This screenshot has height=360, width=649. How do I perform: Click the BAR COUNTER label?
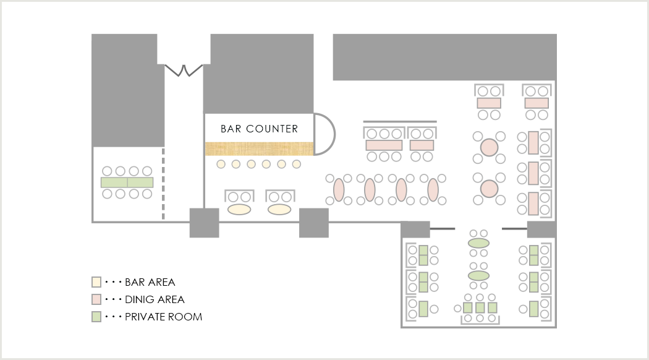click(x=259, y=129)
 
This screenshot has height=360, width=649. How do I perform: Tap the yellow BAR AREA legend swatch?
click(x=96, y=282)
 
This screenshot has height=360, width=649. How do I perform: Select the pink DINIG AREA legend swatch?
click(x=96, y=299)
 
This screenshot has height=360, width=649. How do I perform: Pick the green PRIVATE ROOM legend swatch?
click(x=96, y=317)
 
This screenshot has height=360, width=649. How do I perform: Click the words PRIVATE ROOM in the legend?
click(x=164, y=317)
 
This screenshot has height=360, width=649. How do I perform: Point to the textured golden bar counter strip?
click(x=259, y=148)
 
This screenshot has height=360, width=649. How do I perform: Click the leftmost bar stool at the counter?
click(x=221, y=165)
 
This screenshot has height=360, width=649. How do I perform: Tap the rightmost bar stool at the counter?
click(x=296, y=165)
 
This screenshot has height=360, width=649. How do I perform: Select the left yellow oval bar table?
click(x=239, y=209)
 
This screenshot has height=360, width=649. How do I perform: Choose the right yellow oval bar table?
click(x=279, y=209)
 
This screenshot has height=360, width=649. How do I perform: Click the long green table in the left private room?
click(x=127, y=182)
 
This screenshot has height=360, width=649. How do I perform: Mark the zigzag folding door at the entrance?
click(x=184, y=70)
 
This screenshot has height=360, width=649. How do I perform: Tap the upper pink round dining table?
click(x=490, y=147)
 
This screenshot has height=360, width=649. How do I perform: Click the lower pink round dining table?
click(x=490, y=189)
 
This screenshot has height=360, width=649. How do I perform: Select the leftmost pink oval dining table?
click(x=339, y=190)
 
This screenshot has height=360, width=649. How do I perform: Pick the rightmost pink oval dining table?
click(x=433, y=190)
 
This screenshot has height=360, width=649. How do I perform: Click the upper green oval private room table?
click(x=479, y=243)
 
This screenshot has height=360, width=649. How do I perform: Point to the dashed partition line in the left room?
click(x=164, y=184)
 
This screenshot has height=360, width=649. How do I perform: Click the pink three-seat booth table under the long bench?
click(x=384, y=145)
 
